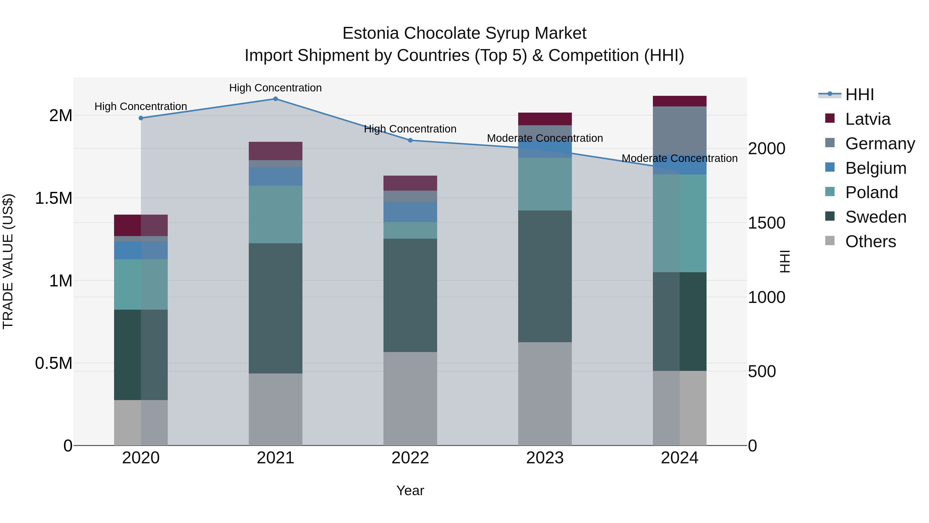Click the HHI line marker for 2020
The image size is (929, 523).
coord(141,118)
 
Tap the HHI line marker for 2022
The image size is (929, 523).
coord(410,140)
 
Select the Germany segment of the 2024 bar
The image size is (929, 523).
coord(679,130)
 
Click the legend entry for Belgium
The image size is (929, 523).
coord(875,168)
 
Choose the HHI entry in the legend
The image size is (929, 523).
coord(859,95)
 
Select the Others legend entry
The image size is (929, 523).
coord(870,241)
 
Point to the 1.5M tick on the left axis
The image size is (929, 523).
coord(53,198)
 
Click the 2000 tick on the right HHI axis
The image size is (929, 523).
coord(766,149)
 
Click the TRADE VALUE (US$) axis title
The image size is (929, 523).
coord(8,261)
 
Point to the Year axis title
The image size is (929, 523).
coord(410,490)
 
